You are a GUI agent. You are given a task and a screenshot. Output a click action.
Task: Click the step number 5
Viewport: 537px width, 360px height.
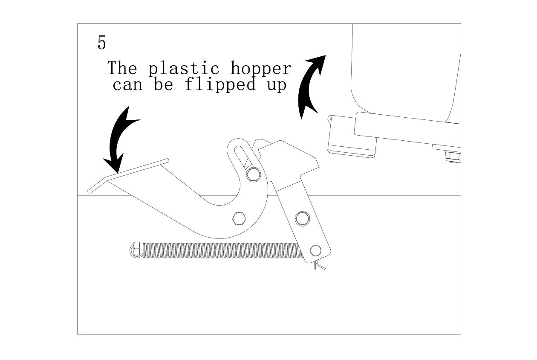(x=101, y=43)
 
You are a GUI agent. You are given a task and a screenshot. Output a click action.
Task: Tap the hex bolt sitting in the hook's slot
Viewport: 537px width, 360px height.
(x=254, y=174)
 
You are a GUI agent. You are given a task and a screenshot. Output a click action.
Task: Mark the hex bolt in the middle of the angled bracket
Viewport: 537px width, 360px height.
(x=302, y=218)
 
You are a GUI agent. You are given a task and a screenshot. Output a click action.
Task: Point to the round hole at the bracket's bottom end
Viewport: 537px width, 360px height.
(x=315, y=250)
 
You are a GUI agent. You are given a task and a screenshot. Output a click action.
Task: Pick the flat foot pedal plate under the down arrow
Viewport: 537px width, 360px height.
(x=128, y=175)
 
